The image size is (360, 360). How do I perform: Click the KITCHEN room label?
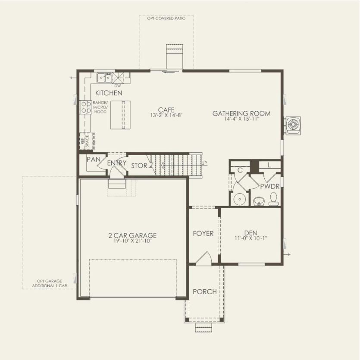click(108, 93)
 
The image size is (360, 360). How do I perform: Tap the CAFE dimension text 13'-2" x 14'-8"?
click(166, 116)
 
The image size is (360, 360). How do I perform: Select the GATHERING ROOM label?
click(241, 113)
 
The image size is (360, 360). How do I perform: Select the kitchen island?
click(120, 115)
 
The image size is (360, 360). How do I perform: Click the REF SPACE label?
click(84, 141)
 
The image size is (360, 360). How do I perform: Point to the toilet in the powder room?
click(273, 200)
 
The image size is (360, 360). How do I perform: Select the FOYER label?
click(203, 233)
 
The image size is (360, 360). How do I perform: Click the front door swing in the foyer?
click(202, 259)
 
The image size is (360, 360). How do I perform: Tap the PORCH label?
click(204, 291)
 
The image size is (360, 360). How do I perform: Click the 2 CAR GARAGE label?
click(132, 235)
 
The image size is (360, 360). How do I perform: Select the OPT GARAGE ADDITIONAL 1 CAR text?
click(49, 283)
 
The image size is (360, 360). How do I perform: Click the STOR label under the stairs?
click(139, 165)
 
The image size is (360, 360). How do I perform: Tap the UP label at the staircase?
click(204, 163)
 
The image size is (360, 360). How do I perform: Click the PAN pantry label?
click(93, 159)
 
